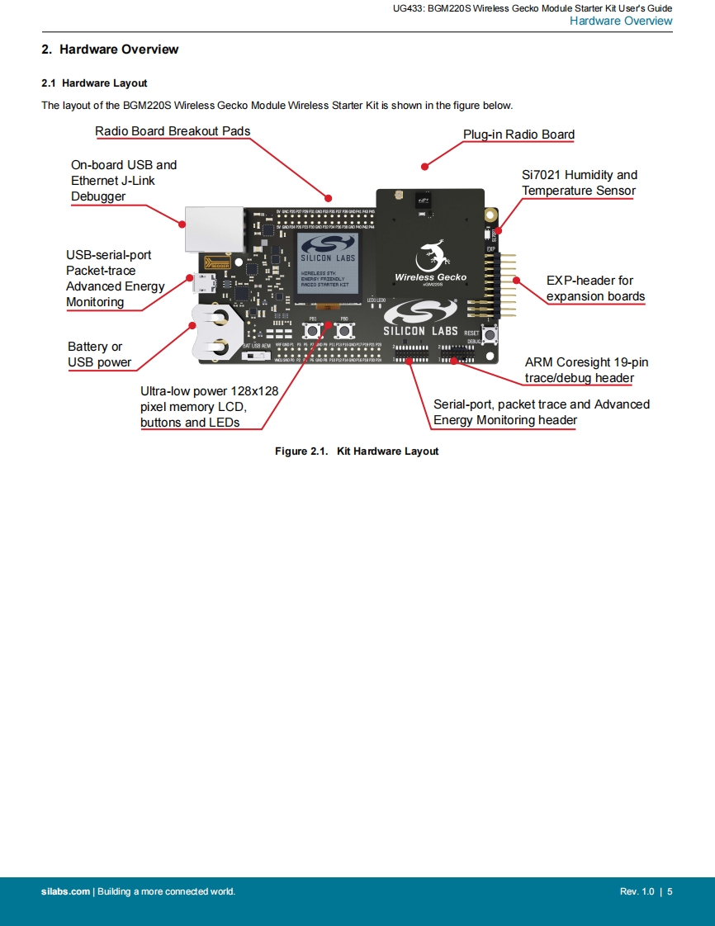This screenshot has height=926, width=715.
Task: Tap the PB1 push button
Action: point(313,330)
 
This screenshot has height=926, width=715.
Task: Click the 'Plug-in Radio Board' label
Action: point(518,135)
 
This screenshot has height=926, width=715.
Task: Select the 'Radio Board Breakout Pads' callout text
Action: point(173,131)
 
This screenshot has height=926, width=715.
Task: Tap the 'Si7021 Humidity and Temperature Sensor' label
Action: point(579,182)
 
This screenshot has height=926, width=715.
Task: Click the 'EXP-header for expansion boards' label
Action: point(595,288)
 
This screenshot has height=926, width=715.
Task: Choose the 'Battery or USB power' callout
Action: point(99,354)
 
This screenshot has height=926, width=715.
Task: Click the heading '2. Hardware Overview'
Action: point(110,50)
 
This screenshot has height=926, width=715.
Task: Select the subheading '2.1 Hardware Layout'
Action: point(94,83)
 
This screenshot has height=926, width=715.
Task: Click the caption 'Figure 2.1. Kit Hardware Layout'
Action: point(357,451)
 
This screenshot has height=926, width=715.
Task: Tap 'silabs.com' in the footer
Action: point(65,891)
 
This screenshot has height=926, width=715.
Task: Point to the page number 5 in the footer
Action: point(670,891)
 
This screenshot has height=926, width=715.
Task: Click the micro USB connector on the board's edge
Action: point(201,286)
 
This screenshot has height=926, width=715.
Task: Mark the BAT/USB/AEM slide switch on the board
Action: point(258,357)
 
